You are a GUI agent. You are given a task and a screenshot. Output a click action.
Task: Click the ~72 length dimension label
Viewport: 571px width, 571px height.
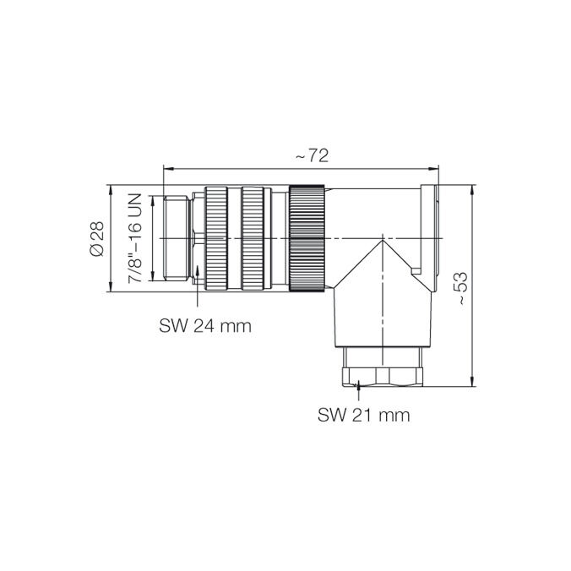pos(312,156)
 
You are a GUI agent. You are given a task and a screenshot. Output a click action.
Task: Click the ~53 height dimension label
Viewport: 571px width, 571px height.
pos(460,288)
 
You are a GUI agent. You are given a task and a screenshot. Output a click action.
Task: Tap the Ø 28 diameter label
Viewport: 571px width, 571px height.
pos(97,238)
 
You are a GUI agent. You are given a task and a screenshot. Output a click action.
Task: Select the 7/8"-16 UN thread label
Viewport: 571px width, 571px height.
pos(134,238)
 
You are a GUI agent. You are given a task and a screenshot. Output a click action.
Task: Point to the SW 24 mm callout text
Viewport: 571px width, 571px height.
pos(205,326)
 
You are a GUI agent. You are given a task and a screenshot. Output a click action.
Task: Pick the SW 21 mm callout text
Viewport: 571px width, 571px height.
pos(363,415)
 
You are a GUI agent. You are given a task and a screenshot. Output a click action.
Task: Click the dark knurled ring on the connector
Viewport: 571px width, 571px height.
pos(307,238)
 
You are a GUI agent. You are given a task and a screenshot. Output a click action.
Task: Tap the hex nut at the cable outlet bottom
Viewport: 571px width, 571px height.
pos(383,377)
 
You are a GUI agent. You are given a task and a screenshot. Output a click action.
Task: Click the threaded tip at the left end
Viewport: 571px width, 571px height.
pos(177,238)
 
